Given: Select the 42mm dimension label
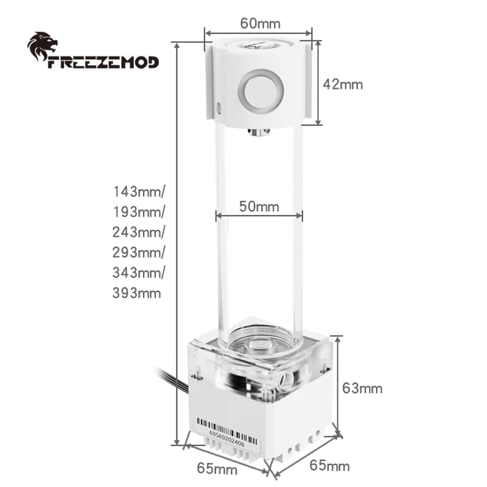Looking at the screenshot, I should pyautogui.click(x=343, y=84).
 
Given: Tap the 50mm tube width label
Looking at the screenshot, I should pyautogui.click(x=259, y=206).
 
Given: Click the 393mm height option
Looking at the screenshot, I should pyautogui.click(x=137, y=293).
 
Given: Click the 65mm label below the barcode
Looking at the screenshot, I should pyautogui.click(x=218, y=469).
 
